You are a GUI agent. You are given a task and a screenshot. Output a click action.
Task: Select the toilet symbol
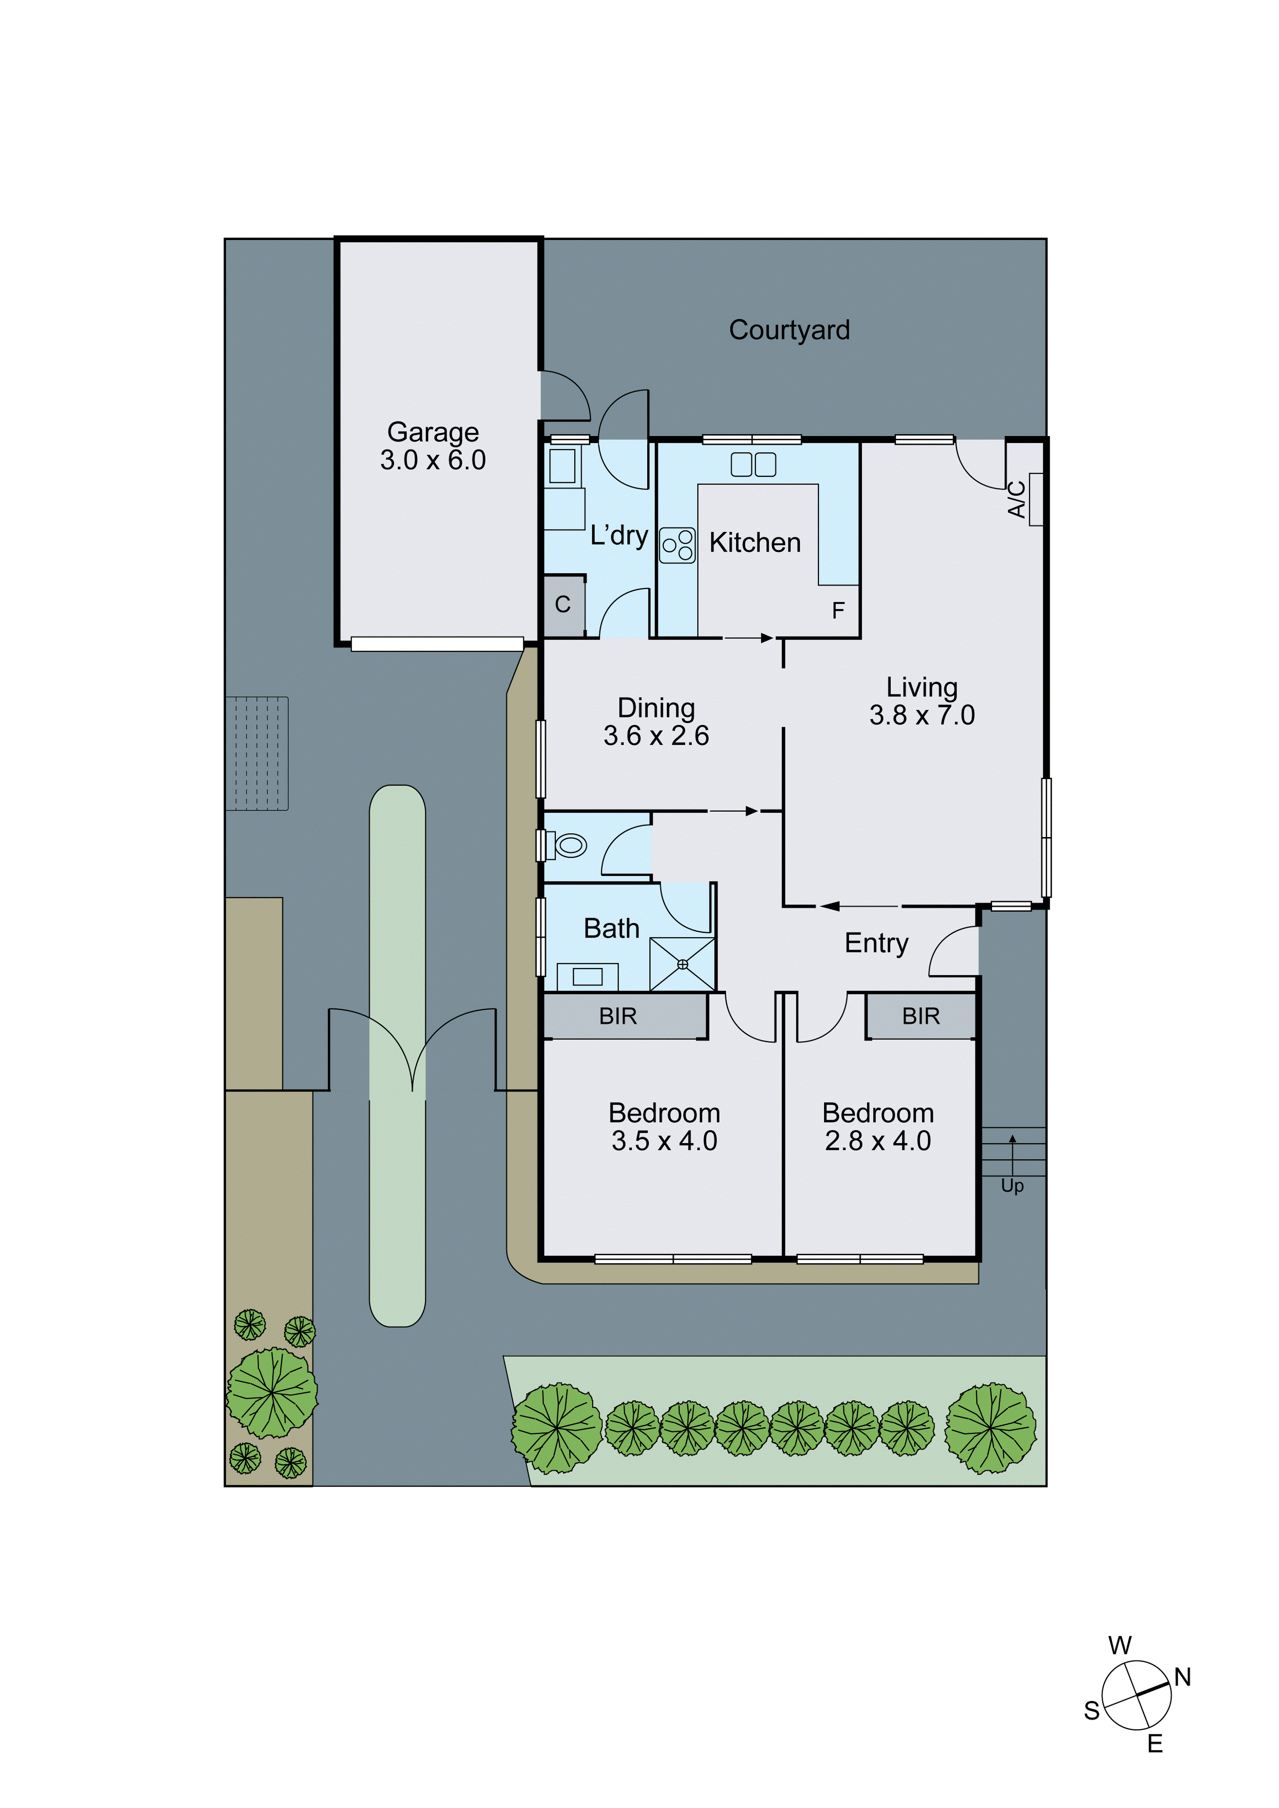click(x=570, y=846)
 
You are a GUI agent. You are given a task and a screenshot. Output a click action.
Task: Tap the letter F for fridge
click(x=838, y=610)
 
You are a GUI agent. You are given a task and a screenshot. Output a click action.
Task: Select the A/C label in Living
click(x=1017, y=499)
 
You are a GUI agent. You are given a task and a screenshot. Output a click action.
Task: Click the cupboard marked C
click(x=562, y=605)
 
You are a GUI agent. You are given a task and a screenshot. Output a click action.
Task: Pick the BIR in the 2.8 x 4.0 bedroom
click(x=920, y=1017)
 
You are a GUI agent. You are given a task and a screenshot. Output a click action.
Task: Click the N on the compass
click(x=1182, y=1677)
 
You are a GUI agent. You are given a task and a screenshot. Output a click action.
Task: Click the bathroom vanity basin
click(x=587, y=976)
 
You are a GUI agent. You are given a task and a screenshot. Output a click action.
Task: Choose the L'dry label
click(x=619, y=535)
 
